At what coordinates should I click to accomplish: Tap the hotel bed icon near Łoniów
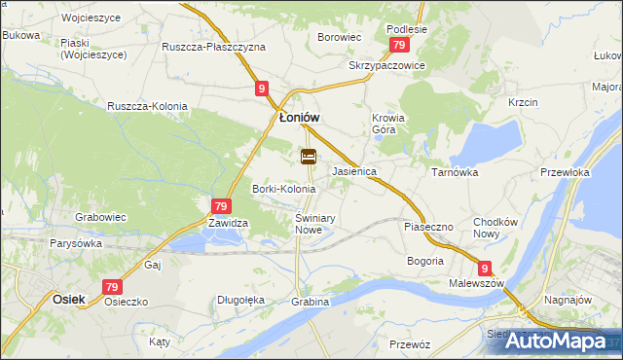309,156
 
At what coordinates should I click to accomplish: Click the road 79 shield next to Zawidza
221,206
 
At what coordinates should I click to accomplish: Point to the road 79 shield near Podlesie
398,46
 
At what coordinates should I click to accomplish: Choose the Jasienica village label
354,171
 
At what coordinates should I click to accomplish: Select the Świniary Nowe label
315,224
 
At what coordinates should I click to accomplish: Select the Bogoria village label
425,261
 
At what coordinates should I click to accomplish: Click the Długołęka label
241,301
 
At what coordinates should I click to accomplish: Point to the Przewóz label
409,344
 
